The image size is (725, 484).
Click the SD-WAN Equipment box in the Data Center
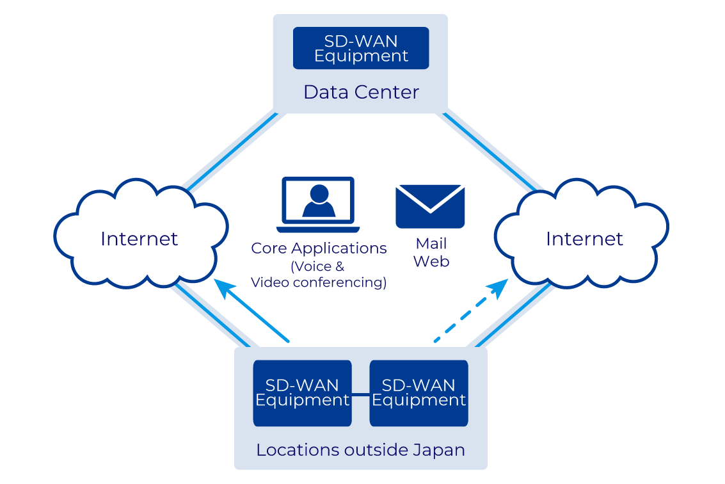(x=361, y=48)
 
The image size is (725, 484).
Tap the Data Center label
(x=361, y=92)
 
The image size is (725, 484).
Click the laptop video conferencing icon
(x=318, y=205)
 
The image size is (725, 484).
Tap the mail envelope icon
(x=430, y=206)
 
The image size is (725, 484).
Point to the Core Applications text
(x=319, y=248)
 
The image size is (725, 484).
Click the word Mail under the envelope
(x=431, y=244)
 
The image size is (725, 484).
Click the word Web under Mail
(x=431, y=261)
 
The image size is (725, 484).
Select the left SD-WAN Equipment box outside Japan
(x=302, y=393)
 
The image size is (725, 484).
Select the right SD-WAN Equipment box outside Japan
(x=418, y=393)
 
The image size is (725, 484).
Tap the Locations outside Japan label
(x=360, y=450)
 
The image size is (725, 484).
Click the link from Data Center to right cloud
(x=490, y=152)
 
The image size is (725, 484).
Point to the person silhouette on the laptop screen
(x=319, y=201)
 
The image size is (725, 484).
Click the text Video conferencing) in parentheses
(x=319, y=282)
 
